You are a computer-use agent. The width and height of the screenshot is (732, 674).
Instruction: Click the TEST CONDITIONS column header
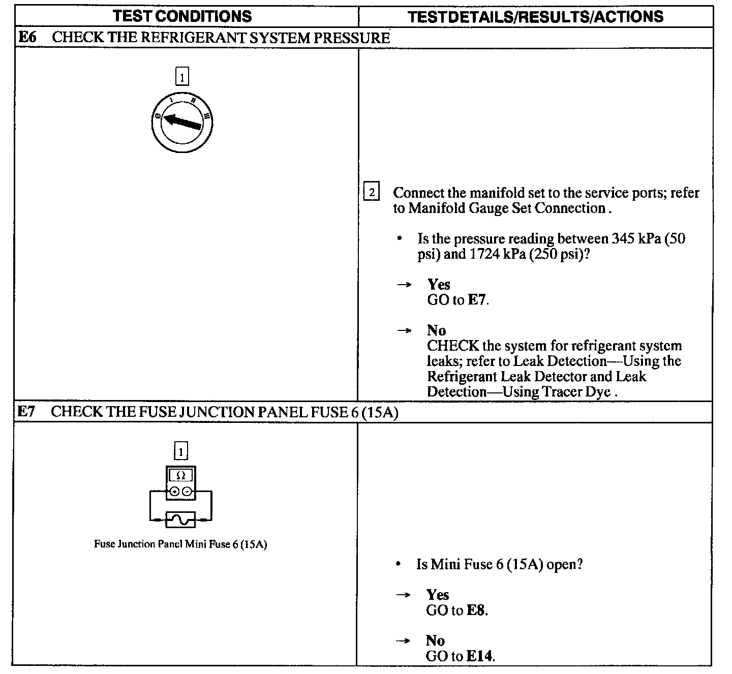pyautogui.click(x=182, y=16)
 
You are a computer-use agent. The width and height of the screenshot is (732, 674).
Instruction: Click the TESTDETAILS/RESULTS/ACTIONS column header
pyautogui.click(x=535, y=17)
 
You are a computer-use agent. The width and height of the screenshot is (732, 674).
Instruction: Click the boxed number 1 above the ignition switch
pyautogui.click(x=181, y=77)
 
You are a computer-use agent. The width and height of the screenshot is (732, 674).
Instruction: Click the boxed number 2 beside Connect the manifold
pyautogui.click(x=372, y=193)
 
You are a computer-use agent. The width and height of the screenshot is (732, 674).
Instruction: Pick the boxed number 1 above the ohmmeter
pyautogui.click(x=181, y=451)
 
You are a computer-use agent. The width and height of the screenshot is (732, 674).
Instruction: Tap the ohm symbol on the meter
pyautogui.click(x=180, y=476)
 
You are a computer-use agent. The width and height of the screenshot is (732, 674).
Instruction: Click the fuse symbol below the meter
pyautogui.click(x=180, y=519)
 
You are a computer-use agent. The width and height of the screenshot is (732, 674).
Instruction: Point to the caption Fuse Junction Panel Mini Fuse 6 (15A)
pyautogui.click(x=180, y=544)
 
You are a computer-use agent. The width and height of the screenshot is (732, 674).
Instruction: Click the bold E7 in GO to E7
pyautogui.click(x=476, y=300)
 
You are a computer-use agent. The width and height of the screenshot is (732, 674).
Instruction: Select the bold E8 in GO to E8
pyautogui.click(x=475, y=610)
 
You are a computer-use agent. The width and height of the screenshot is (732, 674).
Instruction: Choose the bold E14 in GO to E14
pyautogui.click(x=479, y=656)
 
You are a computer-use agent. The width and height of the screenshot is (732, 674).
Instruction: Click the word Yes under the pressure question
pyautogui.click(x=439, y=284)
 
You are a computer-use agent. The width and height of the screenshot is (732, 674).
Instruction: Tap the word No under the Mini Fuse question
pyautogui.click(x=435, y=640)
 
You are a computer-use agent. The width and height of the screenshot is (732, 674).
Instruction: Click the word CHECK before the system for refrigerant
pyautogui.click(x=452, y=346)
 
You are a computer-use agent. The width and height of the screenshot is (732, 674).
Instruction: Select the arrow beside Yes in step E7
pyautogui.click(x=403, y=595)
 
